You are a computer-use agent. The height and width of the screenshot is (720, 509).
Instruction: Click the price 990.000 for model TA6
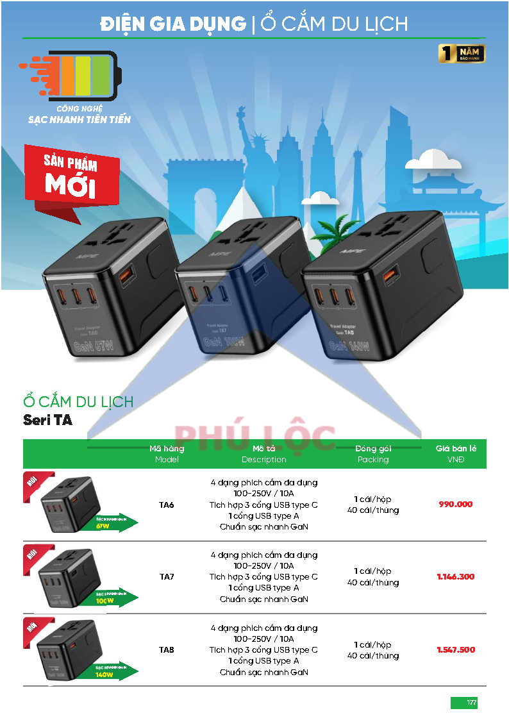(x=455, y=505)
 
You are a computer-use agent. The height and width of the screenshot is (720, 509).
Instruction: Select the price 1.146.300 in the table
(x=455, y=577)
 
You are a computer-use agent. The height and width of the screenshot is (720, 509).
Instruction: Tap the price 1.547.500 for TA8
(x=455, y=650)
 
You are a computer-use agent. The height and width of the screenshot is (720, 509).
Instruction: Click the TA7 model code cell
(x=167, y=577)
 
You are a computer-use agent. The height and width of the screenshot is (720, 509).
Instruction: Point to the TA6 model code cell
(x=167, y=505)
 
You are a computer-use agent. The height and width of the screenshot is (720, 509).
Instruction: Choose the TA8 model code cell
(x=167, y=650)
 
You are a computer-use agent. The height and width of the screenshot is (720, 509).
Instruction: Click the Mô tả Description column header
(x=263, y=454)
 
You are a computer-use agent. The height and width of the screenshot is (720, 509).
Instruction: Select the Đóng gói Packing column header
(x=373, y=454)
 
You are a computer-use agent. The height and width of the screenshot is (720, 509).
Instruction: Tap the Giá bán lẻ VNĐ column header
(x=455, y=454)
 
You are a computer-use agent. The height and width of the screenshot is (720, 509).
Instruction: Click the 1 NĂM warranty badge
(x=462, y=54)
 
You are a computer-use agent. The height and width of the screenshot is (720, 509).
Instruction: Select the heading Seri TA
(x=48, y=421)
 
